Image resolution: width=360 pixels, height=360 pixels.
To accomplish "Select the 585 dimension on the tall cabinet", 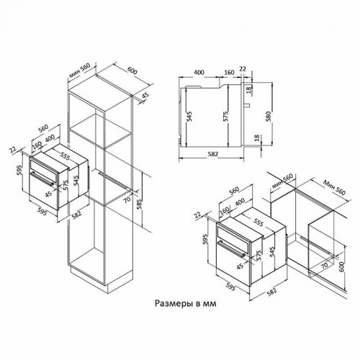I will [x=148, y=205].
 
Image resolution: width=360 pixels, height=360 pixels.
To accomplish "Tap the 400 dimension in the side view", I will [x=199, y=73].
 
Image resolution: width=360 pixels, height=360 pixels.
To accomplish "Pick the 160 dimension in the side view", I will [x=228, y=73].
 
